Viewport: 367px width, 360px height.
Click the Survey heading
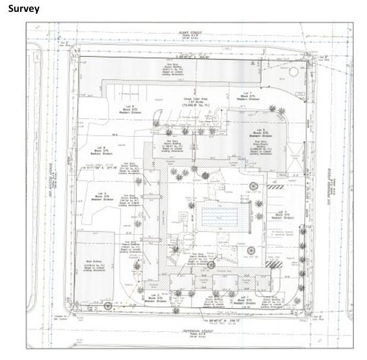(x=24, y=8)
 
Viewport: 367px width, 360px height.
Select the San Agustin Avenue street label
(x=51, y=178)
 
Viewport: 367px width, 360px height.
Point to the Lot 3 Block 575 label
(x=154, y=296)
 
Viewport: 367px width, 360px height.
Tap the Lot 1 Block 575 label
(x=250, y=298)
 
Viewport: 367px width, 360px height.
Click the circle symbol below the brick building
(x=108, y=306)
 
